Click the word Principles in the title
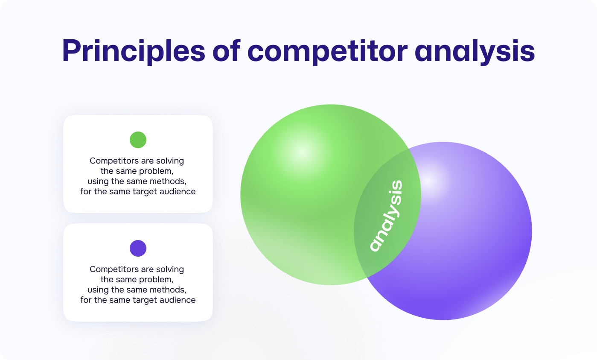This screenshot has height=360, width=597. pos(134,51)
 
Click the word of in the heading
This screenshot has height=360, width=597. pos(227,51)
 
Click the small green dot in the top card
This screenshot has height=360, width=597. pos(138,140)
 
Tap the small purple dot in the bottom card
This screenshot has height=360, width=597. pos(138,248)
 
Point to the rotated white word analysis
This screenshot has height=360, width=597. pos(386,216)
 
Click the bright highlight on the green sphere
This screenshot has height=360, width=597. pos(303,152)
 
